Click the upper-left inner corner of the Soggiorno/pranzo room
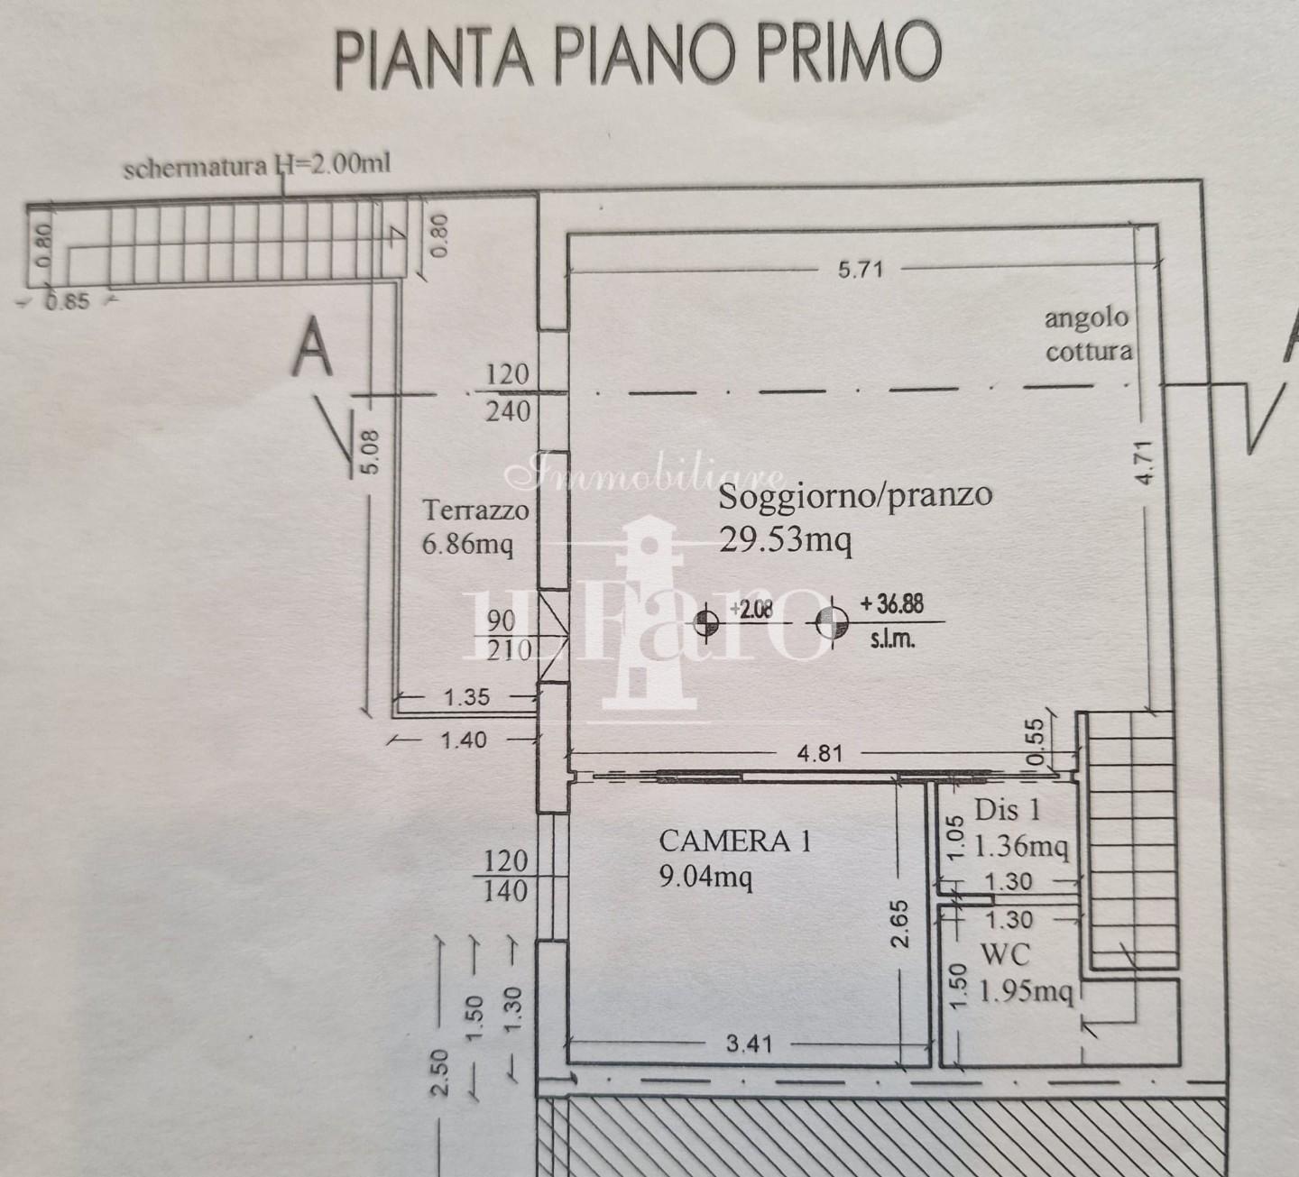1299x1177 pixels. tap(568, 235)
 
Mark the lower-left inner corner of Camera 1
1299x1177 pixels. tap(568, 1063)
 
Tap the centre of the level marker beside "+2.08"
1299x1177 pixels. tap(705, 623)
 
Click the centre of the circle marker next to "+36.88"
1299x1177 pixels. tap(832, 623)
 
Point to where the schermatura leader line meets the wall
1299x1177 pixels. tap(283, 193)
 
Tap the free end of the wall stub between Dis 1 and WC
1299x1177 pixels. tap(992, 899)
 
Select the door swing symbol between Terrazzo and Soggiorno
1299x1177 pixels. tap(554, 637)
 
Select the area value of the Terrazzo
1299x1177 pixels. tap(467, 544)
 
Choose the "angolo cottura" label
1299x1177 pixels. tap(1089, 335)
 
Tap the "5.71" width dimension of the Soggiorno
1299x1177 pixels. tap(861, 270)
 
